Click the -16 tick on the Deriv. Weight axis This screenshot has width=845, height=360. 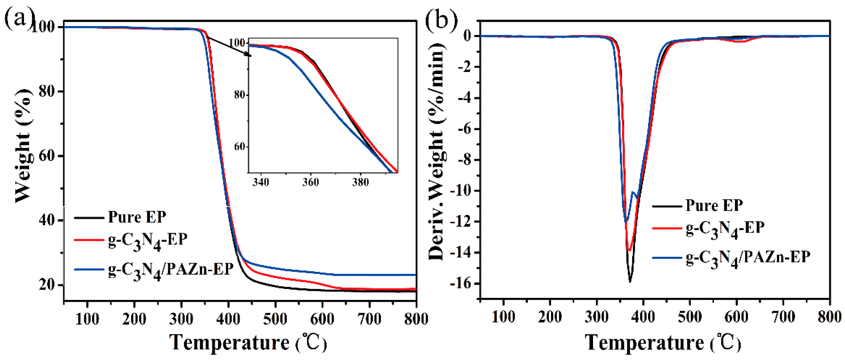(x=462, y=283)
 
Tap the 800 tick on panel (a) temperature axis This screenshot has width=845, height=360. (x=416, y=319)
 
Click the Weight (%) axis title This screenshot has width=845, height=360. (x=24, y=144)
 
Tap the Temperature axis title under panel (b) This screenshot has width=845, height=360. (x=663, y=343)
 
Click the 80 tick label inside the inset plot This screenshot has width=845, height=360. (x=240, y=95)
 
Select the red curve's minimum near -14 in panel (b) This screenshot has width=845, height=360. (x=629, y=250)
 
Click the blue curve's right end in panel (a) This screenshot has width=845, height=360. (x=415, y=275)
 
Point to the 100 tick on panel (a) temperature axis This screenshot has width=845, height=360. (x=87, y=319)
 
